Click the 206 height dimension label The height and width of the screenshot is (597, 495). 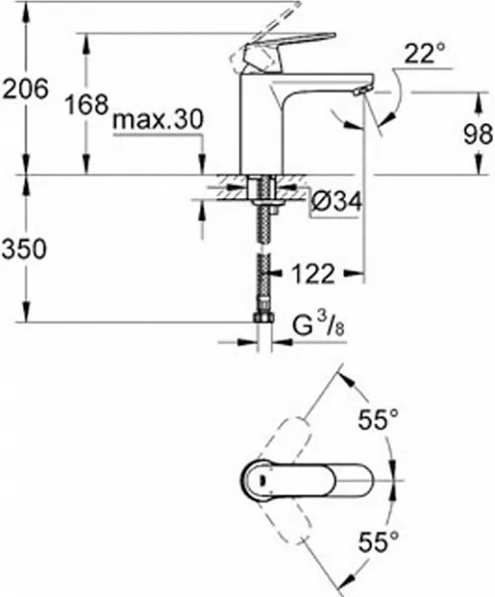tap(26, 89)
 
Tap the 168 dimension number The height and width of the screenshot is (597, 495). tap(87, 104)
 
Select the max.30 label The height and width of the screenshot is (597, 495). tap(158, 119)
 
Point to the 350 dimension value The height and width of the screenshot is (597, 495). tap(24, 250)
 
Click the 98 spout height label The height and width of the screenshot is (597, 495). tap(478, 134)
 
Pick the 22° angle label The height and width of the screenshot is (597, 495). tap(424, 53)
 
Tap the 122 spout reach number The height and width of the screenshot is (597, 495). tap(313, 274)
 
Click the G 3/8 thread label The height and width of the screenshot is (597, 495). tap(319, 326)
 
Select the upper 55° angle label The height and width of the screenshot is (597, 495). tap(378, 419)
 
